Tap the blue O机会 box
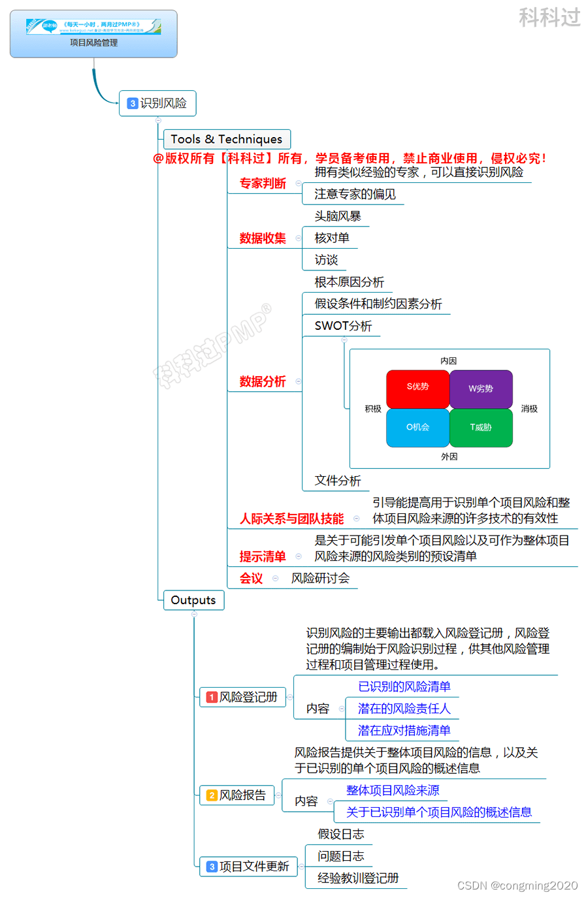(417, 428)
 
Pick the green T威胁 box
(481, 428)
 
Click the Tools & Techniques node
(226, 139)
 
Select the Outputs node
(193, 600)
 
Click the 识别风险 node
(157, 103)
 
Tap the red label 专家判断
(263, 184)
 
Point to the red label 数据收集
(263, 238)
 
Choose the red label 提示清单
(263, 556)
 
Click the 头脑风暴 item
(338, 216)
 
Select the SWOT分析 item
(343, 326)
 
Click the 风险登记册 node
(242, 697)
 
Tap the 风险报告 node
(237, 795)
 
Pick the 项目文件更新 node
(248, 867)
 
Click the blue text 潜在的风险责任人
(404, 709)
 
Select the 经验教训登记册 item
(358, 878)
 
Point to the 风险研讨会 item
(320, 579)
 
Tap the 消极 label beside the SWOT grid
(529, 409)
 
